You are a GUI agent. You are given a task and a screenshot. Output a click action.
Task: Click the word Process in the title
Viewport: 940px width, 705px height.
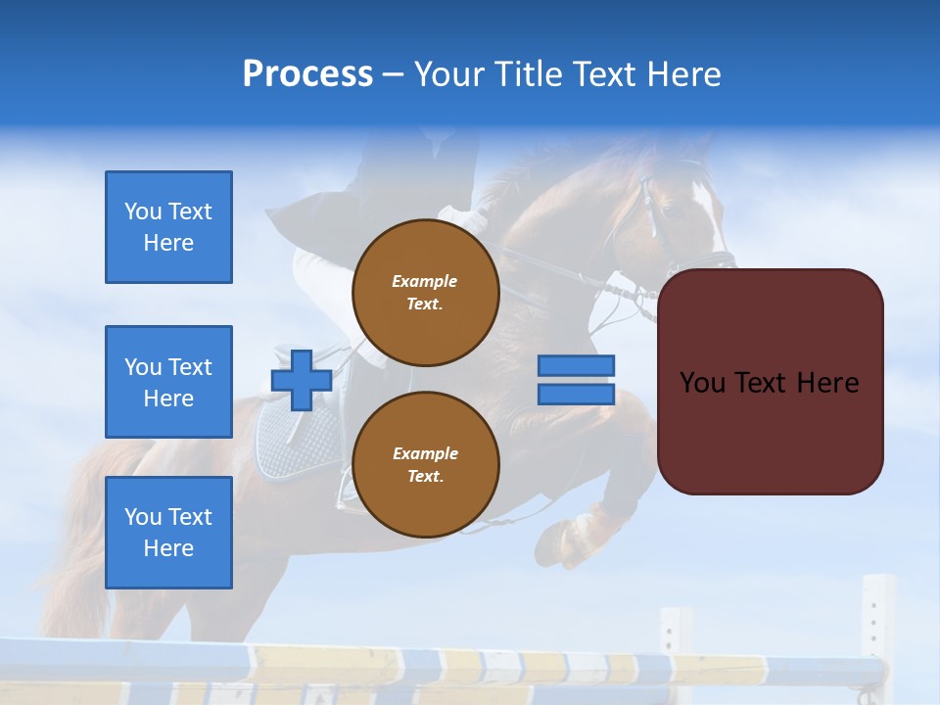[x=307, y=74]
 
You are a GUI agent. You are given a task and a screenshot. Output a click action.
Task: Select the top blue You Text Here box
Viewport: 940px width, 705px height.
[x=168, y=227]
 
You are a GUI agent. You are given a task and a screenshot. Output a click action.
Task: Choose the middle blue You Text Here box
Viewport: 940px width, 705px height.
[x=168, y=382]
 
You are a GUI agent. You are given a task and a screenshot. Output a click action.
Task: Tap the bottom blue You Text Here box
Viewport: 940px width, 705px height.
[x=168, y=533]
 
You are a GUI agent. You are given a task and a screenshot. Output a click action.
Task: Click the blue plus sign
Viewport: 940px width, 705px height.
[x=302, y=379]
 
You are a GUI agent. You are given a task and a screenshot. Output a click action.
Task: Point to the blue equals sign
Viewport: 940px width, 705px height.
[x=576, y=380]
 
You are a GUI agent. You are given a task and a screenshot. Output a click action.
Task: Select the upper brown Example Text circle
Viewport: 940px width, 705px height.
[x=425, y=293]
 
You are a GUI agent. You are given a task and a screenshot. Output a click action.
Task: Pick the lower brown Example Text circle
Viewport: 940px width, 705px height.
[x=425, y=465]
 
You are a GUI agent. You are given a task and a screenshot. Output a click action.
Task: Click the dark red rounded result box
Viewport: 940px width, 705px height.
[x=770, y=382]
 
